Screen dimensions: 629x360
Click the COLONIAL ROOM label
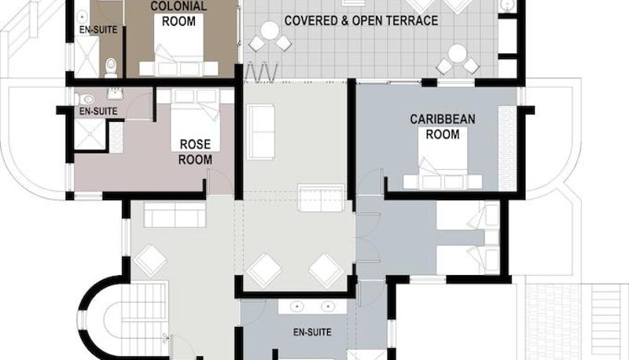[x=178, y=13]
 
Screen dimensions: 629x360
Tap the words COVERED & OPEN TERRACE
[x=361, y=20]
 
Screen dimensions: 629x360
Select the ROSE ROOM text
[x=195, y=152]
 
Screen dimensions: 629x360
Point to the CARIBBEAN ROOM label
[x=443, y=127]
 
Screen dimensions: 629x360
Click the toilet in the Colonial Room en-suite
[x=111, y=68]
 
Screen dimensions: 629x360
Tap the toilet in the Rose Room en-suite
[x=85, y=98]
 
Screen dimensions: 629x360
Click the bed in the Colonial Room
[x=178, y=52]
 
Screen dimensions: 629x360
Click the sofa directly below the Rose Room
[x=175, y=215]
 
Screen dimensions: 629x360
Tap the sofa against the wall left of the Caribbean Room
[x=261, y=131]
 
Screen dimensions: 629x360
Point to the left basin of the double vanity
[x=297, y=307]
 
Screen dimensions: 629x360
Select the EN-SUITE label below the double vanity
[x=312, y=332]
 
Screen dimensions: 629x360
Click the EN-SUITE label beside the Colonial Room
[x=98, y=30]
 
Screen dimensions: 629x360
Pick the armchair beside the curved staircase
[x=150, y=259]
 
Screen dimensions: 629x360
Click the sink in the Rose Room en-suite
[x=115, y=94]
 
